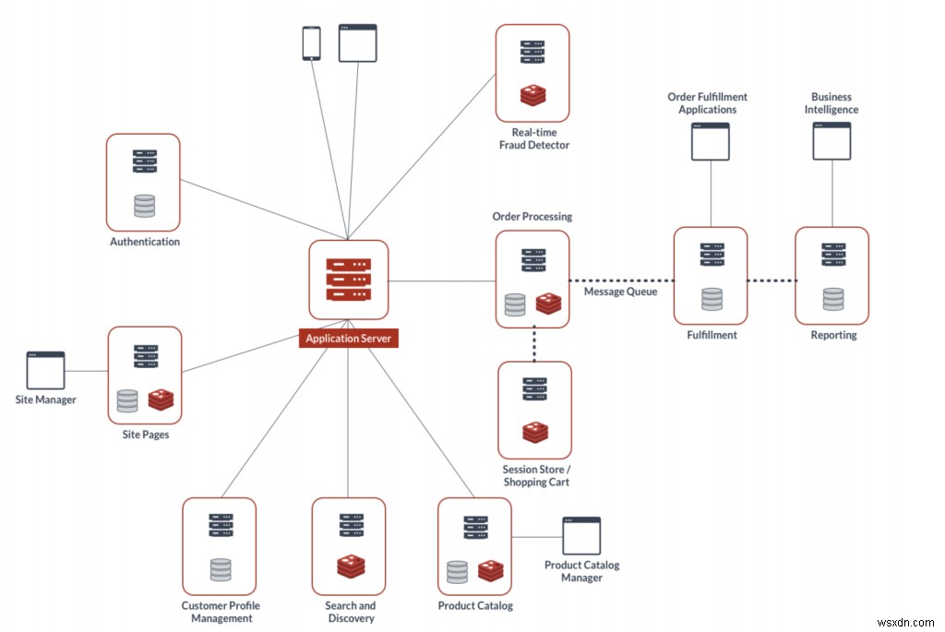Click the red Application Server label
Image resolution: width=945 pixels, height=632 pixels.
349,339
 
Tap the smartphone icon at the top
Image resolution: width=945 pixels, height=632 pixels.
312,43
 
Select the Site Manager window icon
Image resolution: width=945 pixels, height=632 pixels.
45,370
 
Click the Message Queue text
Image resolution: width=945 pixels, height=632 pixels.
620,292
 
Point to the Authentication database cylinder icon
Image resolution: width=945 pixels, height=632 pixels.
144,206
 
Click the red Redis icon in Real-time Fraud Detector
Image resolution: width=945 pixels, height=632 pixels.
532,95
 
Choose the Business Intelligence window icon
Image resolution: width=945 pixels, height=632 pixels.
831,141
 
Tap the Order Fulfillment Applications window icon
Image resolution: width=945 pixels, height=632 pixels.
711,141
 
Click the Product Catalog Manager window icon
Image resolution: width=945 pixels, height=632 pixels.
581,536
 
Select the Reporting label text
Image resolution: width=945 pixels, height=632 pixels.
833,335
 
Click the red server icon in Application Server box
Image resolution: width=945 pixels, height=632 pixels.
348,279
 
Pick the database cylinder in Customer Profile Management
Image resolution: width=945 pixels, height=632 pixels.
220,569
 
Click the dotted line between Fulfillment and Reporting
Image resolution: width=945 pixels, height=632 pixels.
772,280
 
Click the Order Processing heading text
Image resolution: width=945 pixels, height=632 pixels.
532,217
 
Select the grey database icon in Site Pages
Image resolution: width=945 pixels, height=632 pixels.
127,400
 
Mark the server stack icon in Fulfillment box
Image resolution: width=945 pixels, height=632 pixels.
711,255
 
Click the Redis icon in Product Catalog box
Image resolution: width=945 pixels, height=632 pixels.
491,571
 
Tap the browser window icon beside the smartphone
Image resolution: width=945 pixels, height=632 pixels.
357,43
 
